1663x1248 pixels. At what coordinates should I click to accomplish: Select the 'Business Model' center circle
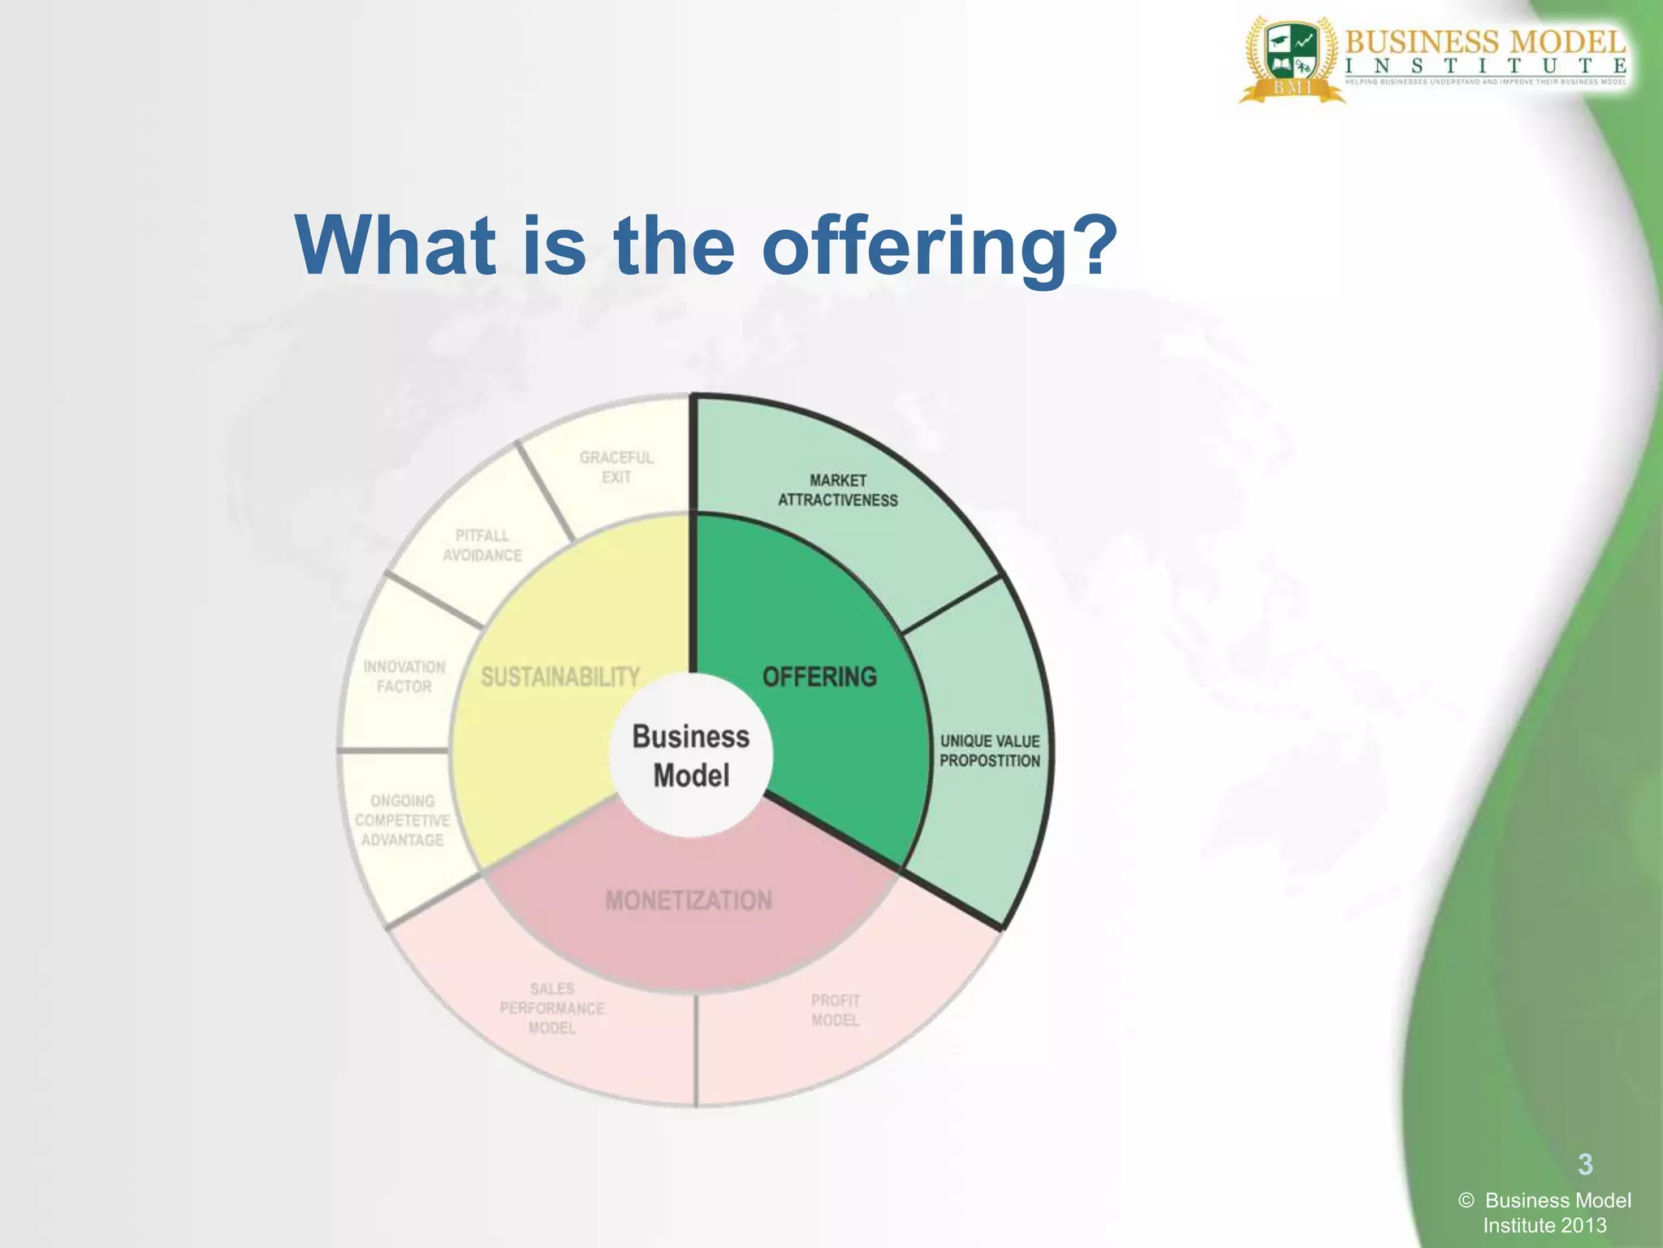[x=691, y=756]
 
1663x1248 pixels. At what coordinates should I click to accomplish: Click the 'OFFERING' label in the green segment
[x=819, y=677]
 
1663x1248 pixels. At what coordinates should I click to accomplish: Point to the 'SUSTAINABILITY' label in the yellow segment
[x=560, y=677]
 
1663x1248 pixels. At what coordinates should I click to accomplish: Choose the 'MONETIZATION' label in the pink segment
[x=689, y=900]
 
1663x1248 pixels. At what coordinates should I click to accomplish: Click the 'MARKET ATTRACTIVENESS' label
[x=838, y=490]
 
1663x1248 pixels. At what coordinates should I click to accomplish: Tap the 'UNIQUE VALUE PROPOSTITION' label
[x=990, y=751]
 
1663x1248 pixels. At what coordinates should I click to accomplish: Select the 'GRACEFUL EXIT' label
[x=616, y=467]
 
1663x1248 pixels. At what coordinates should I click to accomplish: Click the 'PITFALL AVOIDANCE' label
[x=482, y=545]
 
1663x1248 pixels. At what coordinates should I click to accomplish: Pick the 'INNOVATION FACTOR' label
[x=404, y=676]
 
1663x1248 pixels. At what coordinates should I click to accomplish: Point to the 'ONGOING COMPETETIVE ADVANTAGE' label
[x=402, y=820]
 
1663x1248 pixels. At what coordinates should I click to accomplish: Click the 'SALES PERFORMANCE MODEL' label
[x=552, y=1008]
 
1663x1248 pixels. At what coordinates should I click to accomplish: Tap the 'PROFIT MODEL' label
[x=836, y=1010]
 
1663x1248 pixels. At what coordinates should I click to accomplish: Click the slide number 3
[x=1585, y=1164]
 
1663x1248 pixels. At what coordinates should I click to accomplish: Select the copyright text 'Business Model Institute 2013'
[x=1546, y=1212]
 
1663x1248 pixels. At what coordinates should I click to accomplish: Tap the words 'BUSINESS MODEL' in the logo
[x=1485, y=41]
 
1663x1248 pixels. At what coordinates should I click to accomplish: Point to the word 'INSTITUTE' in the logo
[x=1485, y=66]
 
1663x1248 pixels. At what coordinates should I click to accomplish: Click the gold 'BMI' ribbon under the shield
[x=1292, y=88]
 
